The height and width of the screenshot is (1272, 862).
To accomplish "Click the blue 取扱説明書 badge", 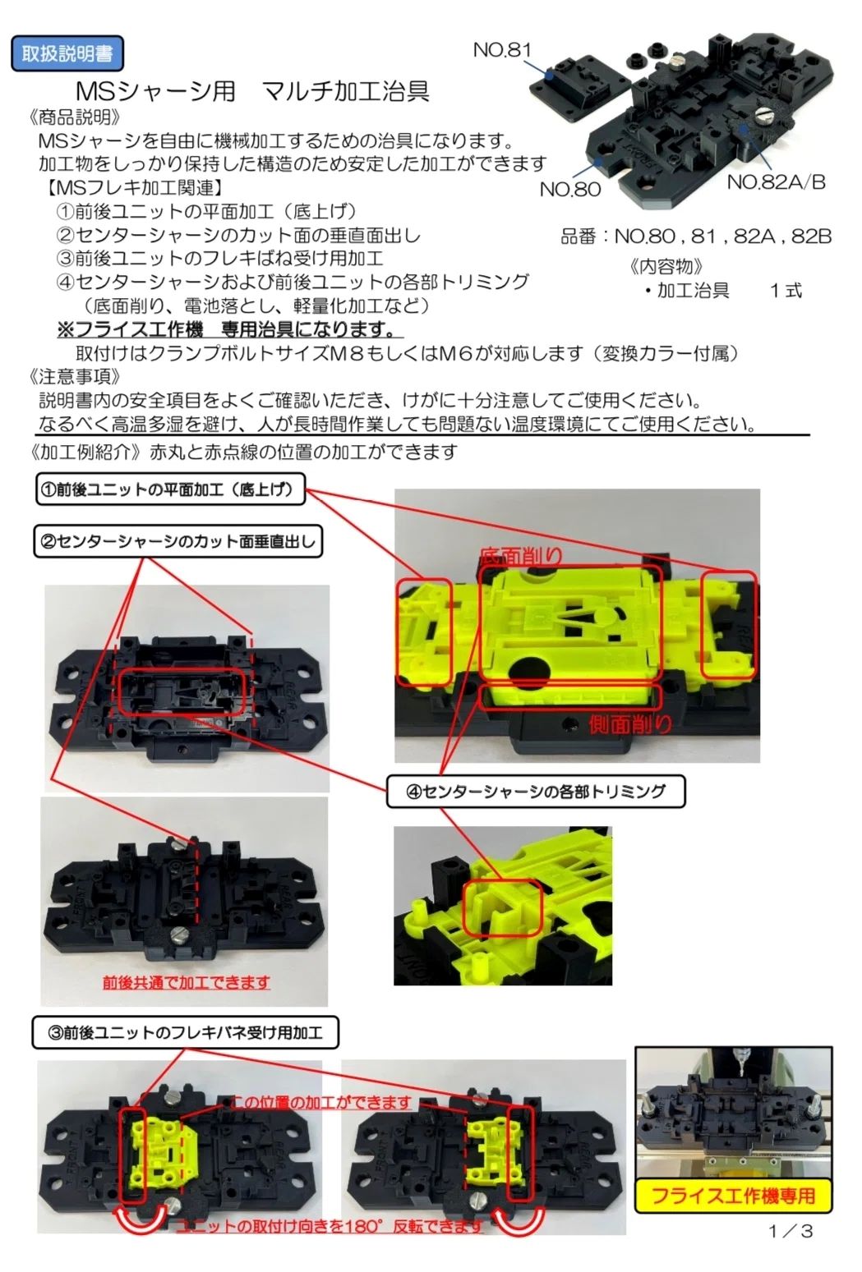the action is (x=67, y=54).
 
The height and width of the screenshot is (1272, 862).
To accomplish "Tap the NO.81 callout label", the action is (x=502, y=50).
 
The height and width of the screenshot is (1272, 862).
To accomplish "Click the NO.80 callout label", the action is (x=570, y=189).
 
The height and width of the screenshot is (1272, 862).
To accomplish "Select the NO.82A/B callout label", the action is (x=776, y=182).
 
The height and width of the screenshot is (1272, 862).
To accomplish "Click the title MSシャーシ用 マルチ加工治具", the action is (x=252, y=91).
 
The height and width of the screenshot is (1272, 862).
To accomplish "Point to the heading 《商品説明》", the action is (x=74, y=117).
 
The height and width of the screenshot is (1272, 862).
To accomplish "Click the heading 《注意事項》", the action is (x=74, y=376).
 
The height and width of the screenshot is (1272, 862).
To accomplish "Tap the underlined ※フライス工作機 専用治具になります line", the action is (x=226, y=328).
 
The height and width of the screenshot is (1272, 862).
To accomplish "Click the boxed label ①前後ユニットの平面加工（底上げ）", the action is (x=170, y=489).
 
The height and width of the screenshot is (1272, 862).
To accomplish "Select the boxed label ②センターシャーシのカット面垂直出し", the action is (x=177, y=541).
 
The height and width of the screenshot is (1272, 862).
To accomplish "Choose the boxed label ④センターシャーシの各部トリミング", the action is (x=536, y=792).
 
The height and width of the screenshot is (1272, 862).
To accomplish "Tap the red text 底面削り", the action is (x=522, y=555).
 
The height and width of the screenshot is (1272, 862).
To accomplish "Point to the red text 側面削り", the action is (x=630, y=723).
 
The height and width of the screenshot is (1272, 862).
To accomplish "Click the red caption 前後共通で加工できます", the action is (x=186, y=982).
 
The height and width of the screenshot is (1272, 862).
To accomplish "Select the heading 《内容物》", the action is (x=666, y=266).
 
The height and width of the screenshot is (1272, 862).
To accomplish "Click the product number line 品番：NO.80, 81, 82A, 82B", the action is (x=696, y=236).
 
